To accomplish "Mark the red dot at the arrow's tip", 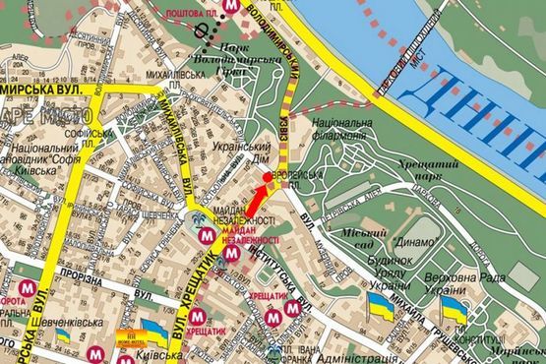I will coord(266,177).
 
